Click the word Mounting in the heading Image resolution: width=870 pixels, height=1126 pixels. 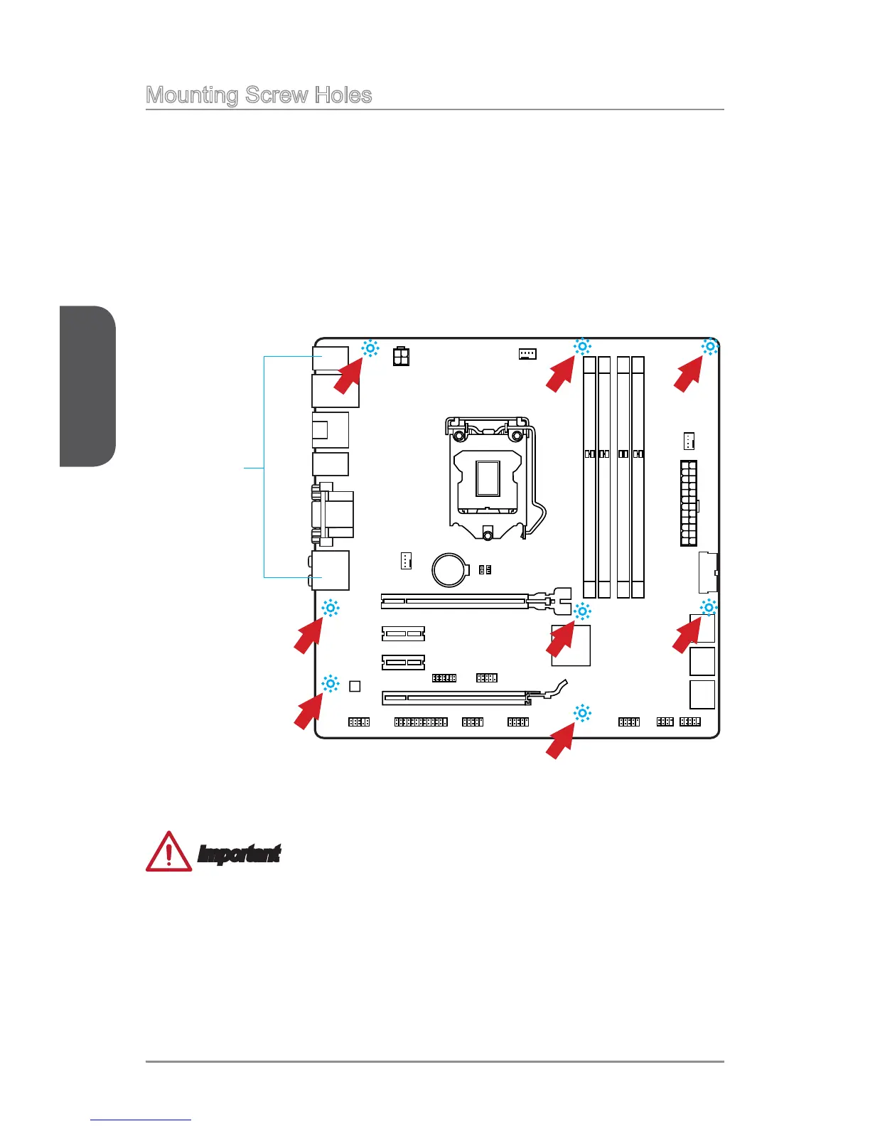pyautogui.click(x=191, y=95)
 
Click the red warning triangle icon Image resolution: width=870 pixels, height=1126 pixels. pyautogui.click(x=168, y=852)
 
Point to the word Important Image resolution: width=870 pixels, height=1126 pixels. pyautogui.click(x=239, y=854)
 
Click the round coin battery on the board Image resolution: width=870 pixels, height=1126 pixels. pyautogui.click(x=450, y=570)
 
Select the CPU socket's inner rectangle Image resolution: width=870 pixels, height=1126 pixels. pyautogui.click(x=488, y=478)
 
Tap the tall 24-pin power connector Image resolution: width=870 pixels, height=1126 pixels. pyautogui.click(x=688, y=503)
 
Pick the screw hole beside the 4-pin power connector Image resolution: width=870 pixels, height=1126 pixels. pyautogui.click(x=370, y=348)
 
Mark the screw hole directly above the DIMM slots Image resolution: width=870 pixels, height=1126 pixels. pyautogui.click(x=581, y=347)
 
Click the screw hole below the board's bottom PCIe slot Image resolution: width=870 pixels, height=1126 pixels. pyautogui.click(x=582, y=713)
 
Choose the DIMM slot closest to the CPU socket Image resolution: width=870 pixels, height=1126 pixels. pyautogui.click(x=589, y=476)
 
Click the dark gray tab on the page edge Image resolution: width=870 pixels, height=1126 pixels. pyautogui.click(x=87, y=386)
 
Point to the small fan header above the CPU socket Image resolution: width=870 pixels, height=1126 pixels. pyautogui.click(x=527, y=353)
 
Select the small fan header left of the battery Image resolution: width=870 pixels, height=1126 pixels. pyautogui.click(x=405, y=560)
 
